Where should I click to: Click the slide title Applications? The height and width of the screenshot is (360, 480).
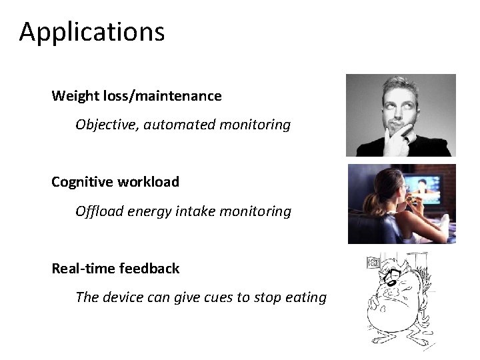pos(91,32)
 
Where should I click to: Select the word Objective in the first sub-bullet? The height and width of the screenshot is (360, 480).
pos(103,125)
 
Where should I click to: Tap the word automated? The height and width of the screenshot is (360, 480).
pos(171,125)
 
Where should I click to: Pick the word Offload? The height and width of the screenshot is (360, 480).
pos(97,211)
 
